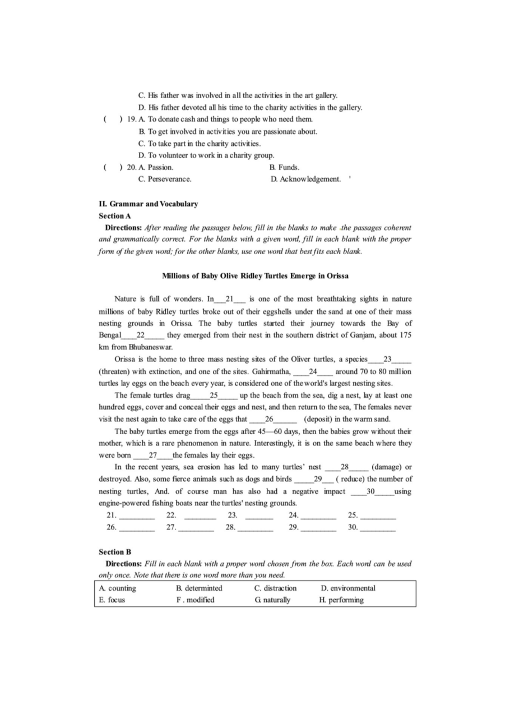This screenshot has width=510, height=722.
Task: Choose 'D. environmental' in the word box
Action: [348, 588]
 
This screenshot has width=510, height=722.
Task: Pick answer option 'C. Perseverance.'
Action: [165, 179]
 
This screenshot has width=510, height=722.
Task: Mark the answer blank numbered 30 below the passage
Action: [377, 528]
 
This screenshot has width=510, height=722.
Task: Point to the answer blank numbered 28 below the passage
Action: [255, 528]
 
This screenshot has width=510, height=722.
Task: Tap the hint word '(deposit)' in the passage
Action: [321, 419]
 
